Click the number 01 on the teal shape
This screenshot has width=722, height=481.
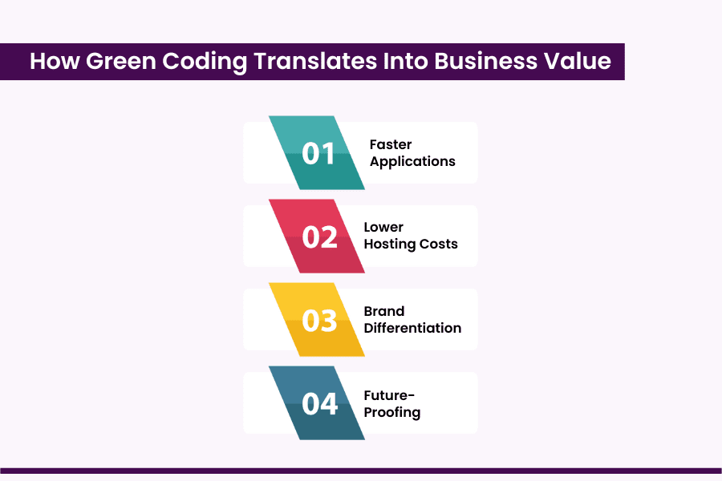318,153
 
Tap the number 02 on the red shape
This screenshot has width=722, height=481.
319,236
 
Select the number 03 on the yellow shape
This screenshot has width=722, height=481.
319,320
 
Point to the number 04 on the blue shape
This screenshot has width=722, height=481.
319,403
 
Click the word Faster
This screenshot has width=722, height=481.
391,144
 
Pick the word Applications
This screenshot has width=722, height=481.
412,161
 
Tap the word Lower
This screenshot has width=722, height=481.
383,227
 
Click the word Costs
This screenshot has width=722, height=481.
440,244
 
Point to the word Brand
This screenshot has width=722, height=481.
384,311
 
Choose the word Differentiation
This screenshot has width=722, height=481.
412,328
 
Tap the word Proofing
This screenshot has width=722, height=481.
391,412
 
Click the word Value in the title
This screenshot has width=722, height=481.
578,62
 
